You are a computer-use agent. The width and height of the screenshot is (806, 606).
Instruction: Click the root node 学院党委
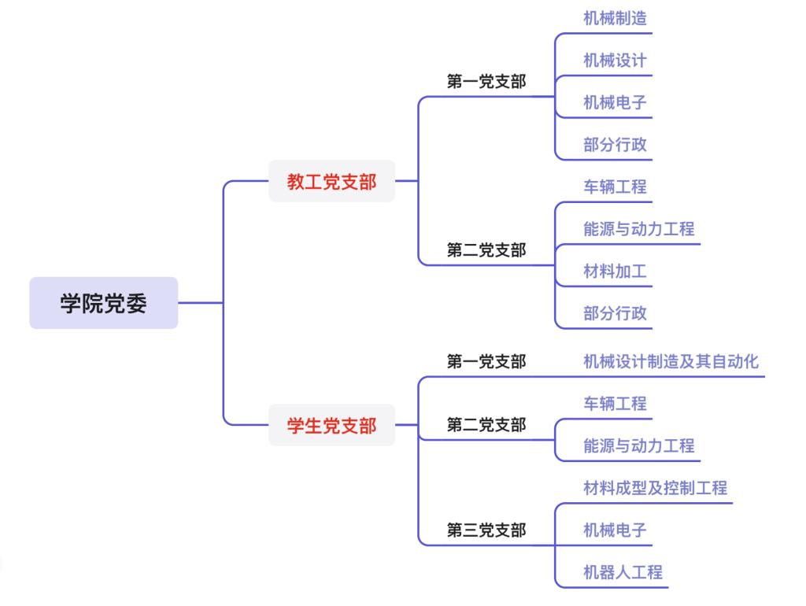[x=103, y=303]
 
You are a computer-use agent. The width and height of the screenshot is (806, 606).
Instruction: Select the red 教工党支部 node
[x=331, y=182]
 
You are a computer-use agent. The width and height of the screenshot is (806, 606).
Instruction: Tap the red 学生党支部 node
[x=331, y=426]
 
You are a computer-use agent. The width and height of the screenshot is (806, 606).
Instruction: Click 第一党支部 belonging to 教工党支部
[x=486, y=81]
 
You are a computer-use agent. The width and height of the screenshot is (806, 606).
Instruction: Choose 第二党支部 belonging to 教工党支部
[x=486, y=250]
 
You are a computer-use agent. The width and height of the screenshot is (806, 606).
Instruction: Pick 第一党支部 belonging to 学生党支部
[x=486, y=361]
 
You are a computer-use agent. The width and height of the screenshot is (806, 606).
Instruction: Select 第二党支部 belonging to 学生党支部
[x=486, y=425]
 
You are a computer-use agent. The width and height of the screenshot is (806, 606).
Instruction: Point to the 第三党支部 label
[x=486, y=530]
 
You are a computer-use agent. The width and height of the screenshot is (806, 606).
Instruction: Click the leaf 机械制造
[x=615, y=18]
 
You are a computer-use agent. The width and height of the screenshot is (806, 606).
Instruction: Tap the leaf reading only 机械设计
[x=615, y=61]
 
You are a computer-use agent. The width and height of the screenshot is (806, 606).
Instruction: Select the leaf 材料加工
[x=615, y=272]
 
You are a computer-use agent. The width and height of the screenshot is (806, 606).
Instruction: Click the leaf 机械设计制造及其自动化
[x=671, y=361]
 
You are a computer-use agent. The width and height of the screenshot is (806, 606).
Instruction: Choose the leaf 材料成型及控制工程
[x=655, y=488]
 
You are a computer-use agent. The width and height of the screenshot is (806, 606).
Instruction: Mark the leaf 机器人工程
[x=623, y=572]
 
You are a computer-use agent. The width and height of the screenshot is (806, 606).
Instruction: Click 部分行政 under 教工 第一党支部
[x=615, y=145]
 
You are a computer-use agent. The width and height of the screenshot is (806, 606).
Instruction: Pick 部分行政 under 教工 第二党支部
[x=615, y=313]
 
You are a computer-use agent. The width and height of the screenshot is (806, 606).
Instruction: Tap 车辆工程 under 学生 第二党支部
[x=615, y=404]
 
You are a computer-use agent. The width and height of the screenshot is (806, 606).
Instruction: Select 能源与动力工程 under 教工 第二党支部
[x=638, y=229]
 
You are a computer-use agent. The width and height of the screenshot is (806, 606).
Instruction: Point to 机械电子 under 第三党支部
[x=615, y=530]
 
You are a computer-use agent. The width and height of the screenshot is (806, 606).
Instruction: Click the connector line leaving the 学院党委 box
[x=200, y=303]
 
